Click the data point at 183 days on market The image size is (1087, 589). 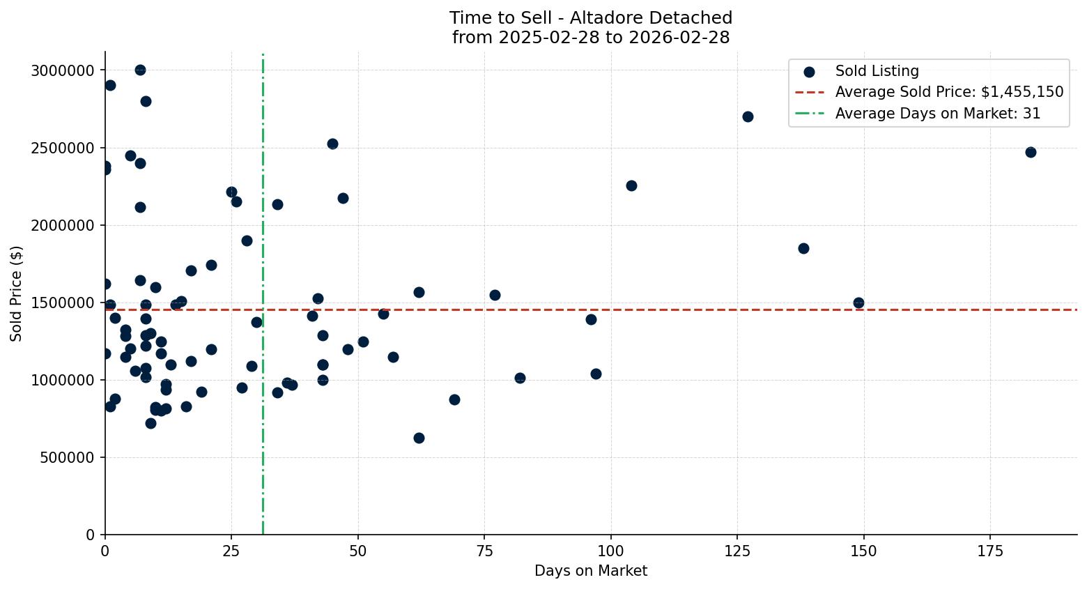tap(1031, 152)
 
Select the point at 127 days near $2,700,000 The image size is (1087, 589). tap(748, 116)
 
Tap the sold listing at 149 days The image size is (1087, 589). tap(858, 303)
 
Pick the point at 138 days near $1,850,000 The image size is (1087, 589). tap(803, 248)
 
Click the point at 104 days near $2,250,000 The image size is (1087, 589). tap(631, 185)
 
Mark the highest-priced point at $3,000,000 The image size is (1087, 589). tap(140, 70)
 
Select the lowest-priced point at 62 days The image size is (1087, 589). tap(419, 438)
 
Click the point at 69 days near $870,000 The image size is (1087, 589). tap(454, 399)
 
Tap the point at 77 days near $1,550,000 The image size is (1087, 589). tap(495, 295)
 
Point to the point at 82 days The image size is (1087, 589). tap(520, 378)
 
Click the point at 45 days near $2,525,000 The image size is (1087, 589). tap(332, 144)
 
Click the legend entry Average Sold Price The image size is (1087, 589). tap(949, 92)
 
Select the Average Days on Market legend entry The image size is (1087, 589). tap(937, 114)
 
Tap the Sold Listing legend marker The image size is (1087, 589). tap(809, 71)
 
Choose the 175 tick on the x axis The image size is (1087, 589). tap(990, 551)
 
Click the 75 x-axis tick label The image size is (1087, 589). tap(484, 551)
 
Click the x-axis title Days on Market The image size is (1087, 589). tap(591, 571)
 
